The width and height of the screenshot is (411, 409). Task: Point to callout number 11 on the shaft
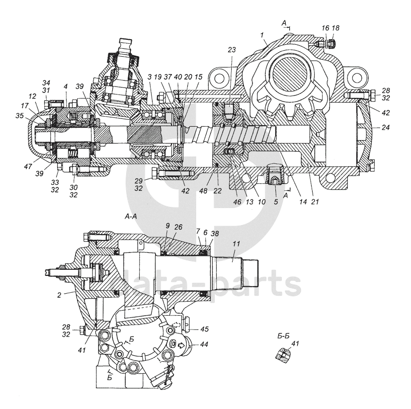(x=236, y=244)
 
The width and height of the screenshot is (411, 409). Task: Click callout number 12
(x=33, y=96)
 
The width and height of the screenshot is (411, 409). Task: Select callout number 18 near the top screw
(x=336, y=28)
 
